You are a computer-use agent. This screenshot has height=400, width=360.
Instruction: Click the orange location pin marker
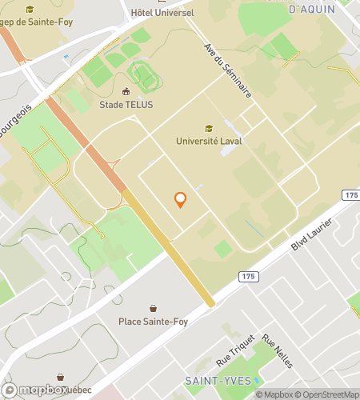click(x=181, y=200)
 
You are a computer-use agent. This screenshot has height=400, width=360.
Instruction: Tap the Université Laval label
click(x=209, y=142)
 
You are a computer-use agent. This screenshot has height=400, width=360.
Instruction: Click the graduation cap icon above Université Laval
click(x=209, y=128)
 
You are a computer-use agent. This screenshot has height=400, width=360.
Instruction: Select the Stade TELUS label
click(x=126, y=104)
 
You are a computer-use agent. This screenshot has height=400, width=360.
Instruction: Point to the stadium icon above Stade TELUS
click(x=126, y=90)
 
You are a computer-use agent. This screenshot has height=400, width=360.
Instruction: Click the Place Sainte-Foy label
click(x=153, y=321)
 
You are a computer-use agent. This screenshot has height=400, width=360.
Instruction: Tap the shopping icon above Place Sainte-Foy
click(x=153, y=307)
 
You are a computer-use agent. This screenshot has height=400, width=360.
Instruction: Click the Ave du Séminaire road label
click(x=228, y=70)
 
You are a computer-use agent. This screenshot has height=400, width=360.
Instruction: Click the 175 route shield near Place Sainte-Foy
click(x=247, y=276)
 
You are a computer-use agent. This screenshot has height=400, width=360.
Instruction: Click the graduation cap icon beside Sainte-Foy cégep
click(x=30, y=10)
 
